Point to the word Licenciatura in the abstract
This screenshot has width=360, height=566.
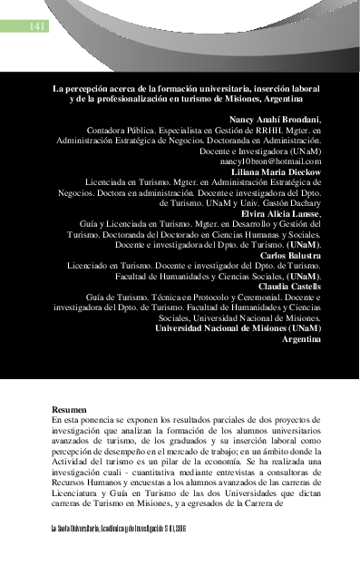[82, 497]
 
